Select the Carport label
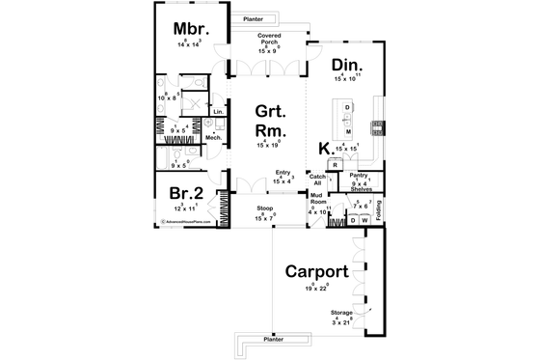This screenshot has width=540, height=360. click(317, 270)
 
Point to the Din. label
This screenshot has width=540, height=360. click(346, 66)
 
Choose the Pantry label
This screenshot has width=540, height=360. click(358, 177)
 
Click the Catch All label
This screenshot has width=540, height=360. click(316, 180)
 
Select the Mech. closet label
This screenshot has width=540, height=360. click(213, 138)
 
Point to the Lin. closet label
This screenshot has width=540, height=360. click(218, 112)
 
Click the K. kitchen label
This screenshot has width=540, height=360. click(326, 148)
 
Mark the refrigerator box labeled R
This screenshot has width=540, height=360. click(334, 165)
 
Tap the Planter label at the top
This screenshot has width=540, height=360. click(255, 17)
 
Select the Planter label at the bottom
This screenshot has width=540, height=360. click(273, 340)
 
